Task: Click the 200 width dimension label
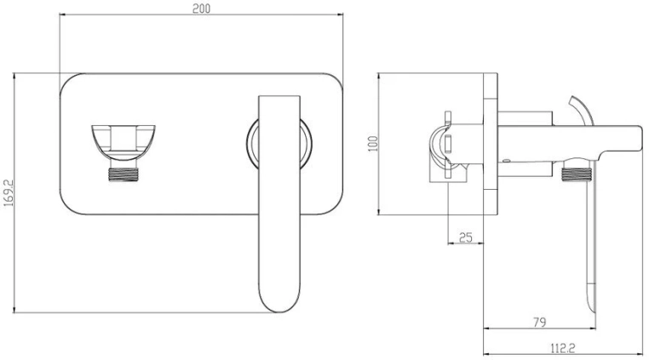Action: coord(201,9)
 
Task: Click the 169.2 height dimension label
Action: coord(9,193)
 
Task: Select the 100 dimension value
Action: coord(373,144)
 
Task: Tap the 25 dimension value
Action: coord(466,237)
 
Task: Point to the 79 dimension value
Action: coord(540,322)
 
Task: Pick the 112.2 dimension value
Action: coord(563,348)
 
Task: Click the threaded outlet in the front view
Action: coord(123,174)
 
